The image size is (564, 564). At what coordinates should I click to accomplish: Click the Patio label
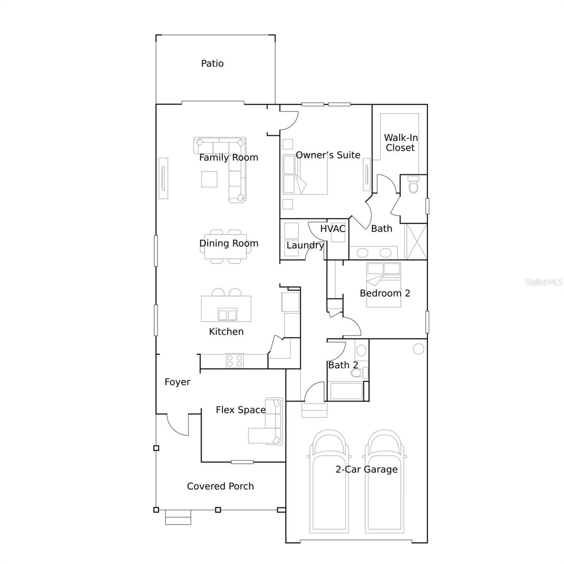pos(212,63)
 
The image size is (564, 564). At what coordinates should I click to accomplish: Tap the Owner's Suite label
pos(328,155)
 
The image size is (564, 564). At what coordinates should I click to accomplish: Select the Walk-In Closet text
pos(400,143)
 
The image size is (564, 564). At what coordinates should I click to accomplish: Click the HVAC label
pos(333,229)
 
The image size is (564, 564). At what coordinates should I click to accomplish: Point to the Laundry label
pos(305,245)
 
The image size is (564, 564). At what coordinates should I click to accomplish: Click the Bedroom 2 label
pos(385,293)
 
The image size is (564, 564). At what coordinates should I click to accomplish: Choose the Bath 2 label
pos(343,365)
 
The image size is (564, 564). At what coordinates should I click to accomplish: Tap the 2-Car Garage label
pos(366,469)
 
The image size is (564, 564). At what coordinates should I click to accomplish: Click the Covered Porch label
pos(220,486)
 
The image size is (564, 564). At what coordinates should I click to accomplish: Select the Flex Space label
pos(241,410)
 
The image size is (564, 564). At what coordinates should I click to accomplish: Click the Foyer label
pos(177,382)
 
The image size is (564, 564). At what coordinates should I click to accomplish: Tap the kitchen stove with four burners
pos(235,360)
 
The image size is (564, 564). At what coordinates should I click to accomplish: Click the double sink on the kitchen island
pos(227,314)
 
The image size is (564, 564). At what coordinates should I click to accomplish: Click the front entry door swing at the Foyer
pos(177,425)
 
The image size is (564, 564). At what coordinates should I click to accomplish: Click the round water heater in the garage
pos(418,349)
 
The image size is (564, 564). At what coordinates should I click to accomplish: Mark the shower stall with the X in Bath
pos(416,241)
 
